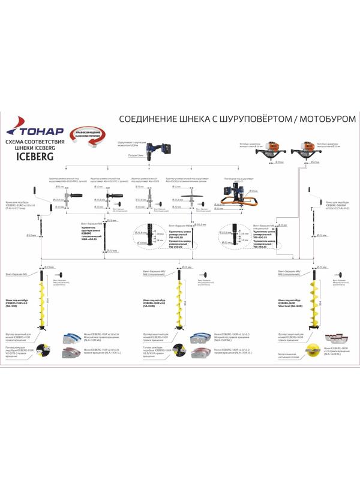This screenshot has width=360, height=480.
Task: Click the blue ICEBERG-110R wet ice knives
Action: [73, 337]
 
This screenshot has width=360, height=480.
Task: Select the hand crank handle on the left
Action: [38, 197]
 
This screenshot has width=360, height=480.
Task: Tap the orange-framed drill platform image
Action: [234, 195]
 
